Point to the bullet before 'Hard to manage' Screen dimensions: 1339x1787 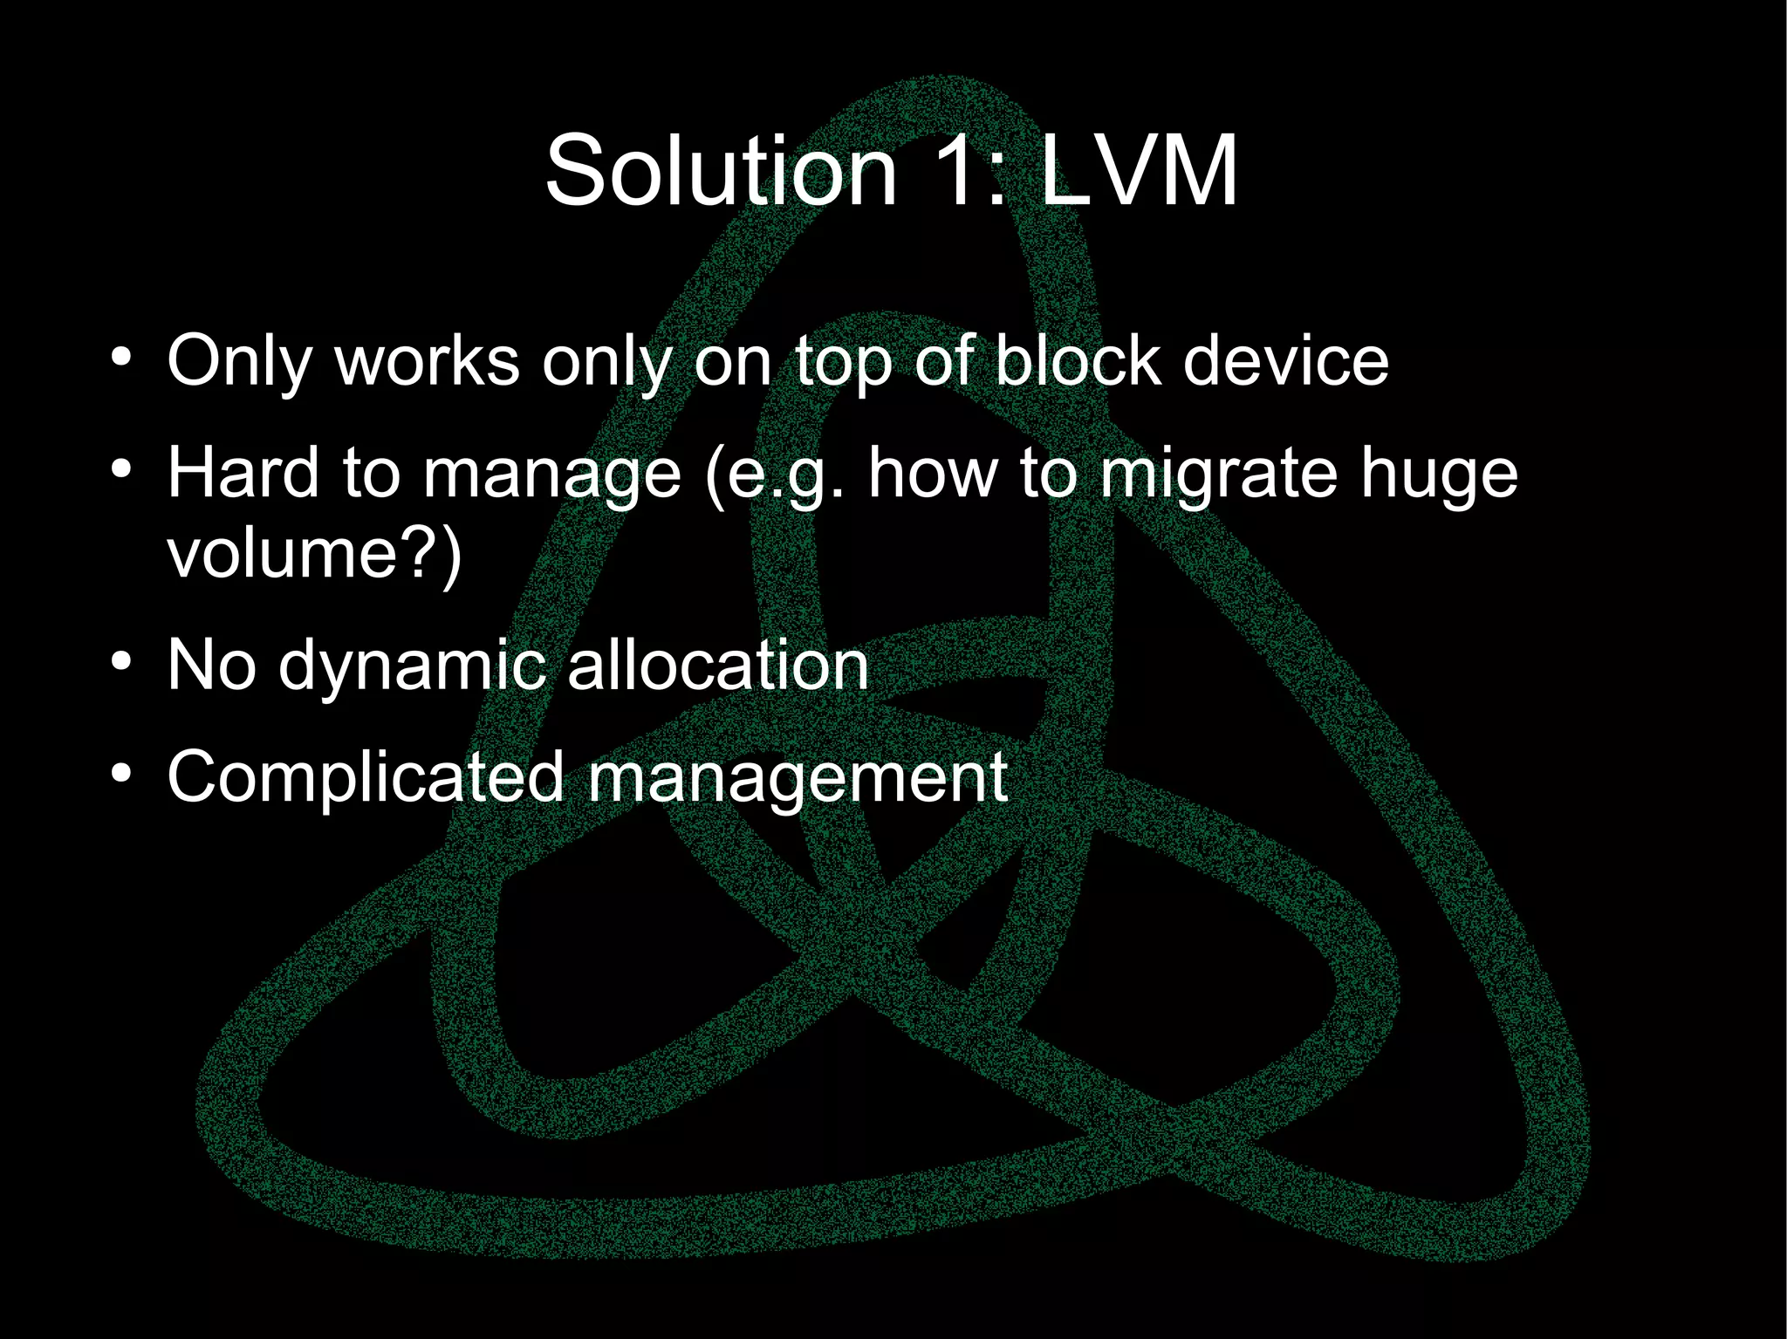pyautogui.click(x=121, y=471)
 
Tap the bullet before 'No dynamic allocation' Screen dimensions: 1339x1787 pyautogui.click(x=121, y=664)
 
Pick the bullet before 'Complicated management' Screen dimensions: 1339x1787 pyautogui.click(x=121, y=775)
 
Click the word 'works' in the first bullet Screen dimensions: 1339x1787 pyautogui.click(x=428, y=361)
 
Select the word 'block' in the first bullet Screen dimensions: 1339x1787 pyautogui.click(x=1078, y=361)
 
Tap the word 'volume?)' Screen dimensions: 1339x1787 pyautogui.click(x=314, y=555)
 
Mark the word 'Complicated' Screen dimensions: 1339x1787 pyautogui.click(x=366, y=778)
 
